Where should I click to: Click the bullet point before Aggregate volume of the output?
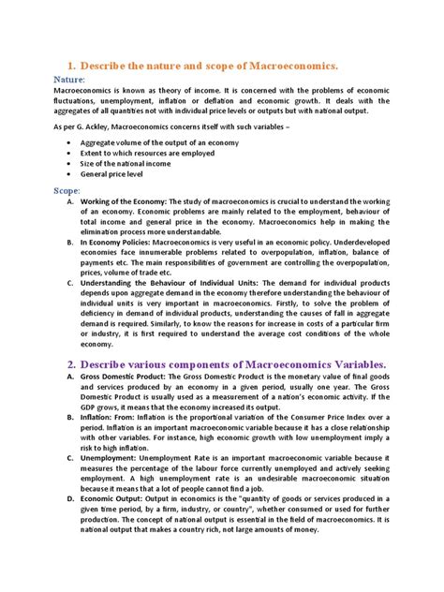(72, 142)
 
